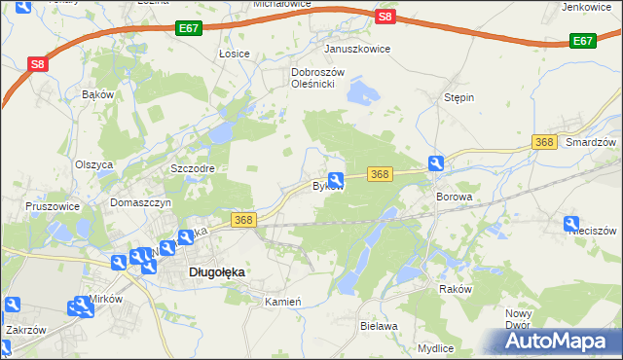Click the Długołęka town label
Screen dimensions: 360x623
click(x=215, y=273)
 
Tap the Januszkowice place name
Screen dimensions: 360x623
click(x=357, y=48)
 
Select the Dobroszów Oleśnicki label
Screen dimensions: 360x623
click(x=313, y=78)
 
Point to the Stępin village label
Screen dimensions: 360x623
click(x=458, y=98)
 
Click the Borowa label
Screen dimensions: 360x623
click(x=454, y=197)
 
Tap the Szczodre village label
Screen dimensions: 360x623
click(x=192, y=167)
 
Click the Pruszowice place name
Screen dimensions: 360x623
click(x=54, y=207)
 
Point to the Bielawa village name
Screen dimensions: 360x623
click(x=379, y=326)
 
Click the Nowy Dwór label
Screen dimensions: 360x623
click(x=518, y=319)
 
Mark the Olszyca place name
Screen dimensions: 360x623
click(x=94, y=164)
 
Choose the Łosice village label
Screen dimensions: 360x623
click(x=235, y=53)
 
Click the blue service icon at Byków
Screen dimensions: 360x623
click(x=336, y=179)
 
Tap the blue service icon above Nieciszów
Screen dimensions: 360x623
click(x=572, y=224)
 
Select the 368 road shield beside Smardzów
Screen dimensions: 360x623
click(x=544, y=142)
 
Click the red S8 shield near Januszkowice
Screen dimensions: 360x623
click(x=385, y=17)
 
